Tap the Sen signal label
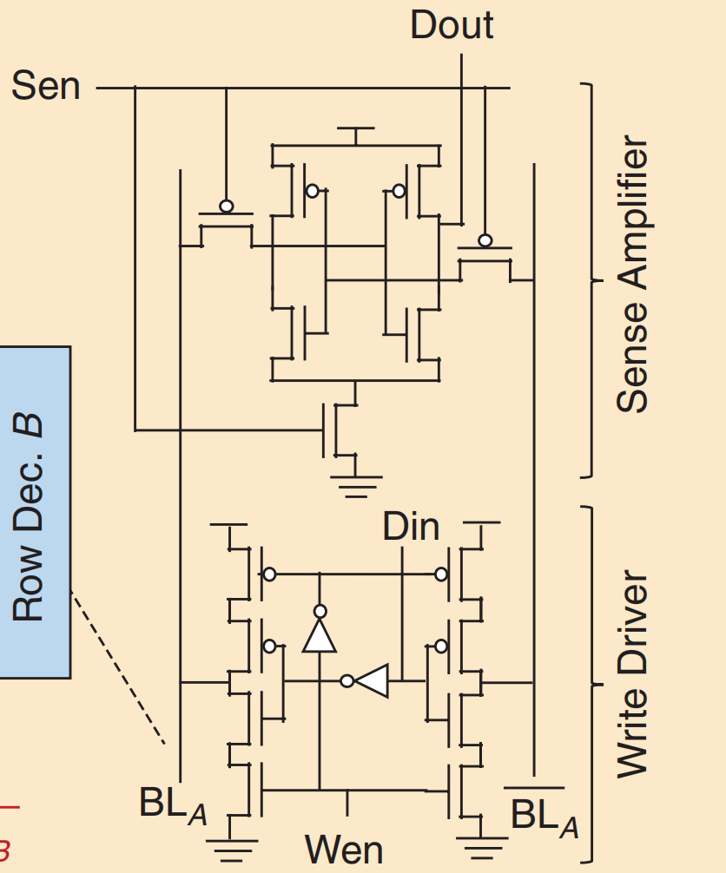coord(45,87)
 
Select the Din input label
coord(411,527)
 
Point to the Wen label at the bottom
coord(344,849)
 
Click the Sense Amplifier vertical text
coord(633,274)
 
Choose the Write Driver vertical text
coord(633,673)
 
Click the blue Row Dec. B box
coord(35,512)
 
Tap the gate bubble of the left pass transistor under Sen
coord(226,207)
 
